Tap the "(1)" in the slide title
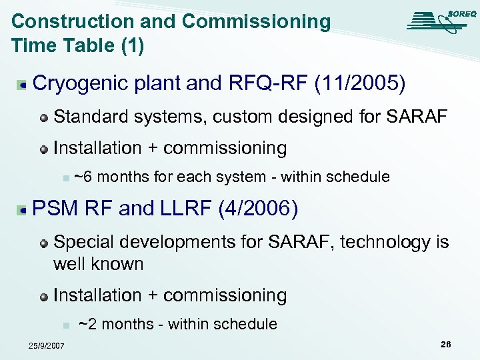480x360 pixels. [129, 45]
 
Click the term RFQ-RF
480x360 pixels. [253, 84]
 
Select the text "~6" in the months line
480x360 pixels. [83, 177]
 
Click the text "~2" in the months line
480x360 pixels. [87, 324]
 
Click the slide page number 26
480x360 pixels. [445, 344]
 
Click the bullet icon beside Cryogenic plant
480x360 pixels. [23, 85]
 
